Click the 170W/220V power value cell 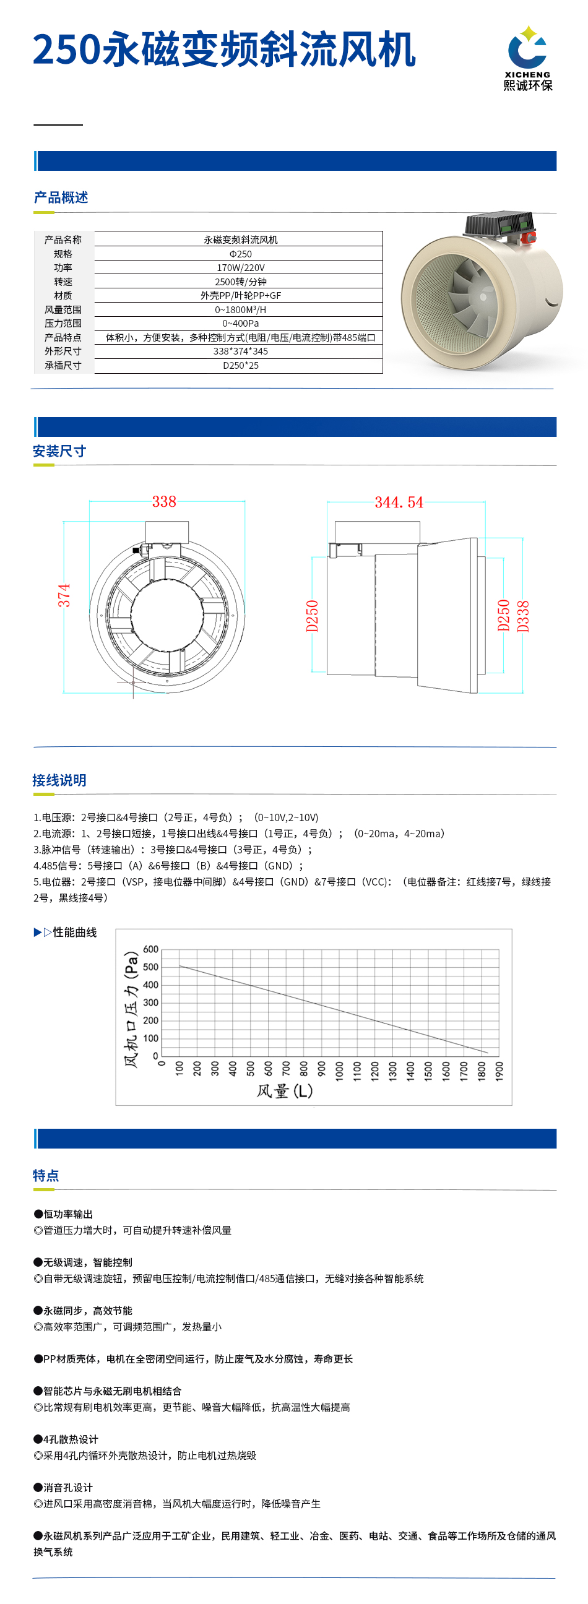pyautogui.click(x=240, y=268)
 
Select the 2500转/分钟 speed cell pyautogui.click(x=240, y=282)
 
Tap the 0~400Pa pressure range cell pyautogui.click(x=240, y=323)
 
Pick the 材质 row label pyautogui.click(x=63, y=296)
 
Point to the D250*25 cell pyautogui.click(x=240, y=366)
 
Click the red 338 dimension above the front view pyautogui.click(x=164, y=502)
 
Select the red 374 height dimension pyautogui.click(x=64, y=595)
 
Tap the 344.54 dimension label pyautogui.click(x=399, y=502)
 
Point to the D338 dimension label pyautogui.click(x=523, y=616)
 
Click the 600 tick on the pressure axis pyautogui.click(x=151, y=949)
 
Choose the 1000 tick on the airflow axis pyautogui.click(x=339, y=1071)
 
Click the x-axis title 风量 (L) pyautogui.click(x=285, y=1091)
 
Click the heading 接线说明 pyautogui.click(x=59, y=780)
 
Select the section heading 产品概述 pyautogui.click(x=61, y=197)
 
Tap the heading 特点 pyautogui.click(x=46, y=1176)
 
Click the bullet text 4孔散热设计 pyautogui.click(x=71, y=1439)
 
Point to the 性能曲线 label pyautogui.click(x=74, y=932)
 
